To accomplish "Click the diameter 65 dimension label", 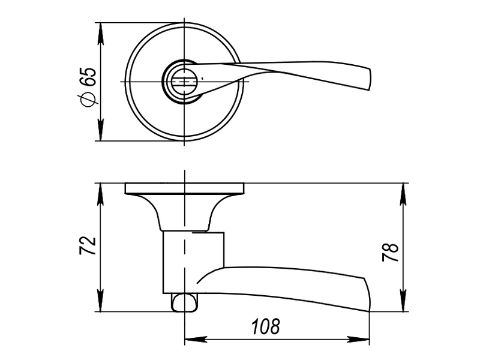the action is coord(87,86).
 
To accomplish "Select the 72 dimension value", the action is coord(88,245).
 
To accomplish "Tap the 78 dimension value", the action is coord(391,253).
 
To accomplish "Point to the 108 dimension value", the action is coord(266,326).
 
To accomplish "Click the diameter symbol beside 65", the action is coord(87,100).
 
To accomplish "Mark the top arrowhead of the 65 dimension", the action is coord(100,34).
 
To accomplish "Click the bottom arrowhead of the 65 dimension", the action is coord(100,130).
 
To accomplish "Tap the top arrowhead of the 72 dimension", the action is coord(100,194).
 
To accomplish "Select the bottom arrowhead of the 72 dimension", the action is coord(100,301).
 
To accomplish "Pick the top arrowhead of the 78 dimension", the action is coord(403,194).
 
